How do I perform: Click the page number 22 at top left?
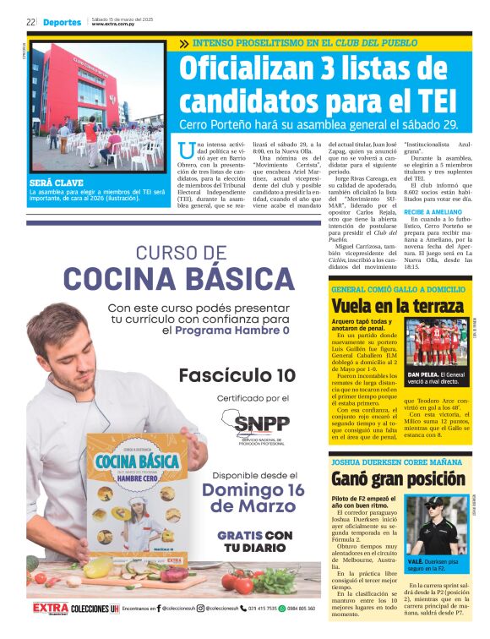[x=30, y=22]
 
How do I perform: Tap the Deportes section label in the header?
[x=63, y=22]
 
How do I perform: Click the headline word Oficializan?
[x=244, y=69]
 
